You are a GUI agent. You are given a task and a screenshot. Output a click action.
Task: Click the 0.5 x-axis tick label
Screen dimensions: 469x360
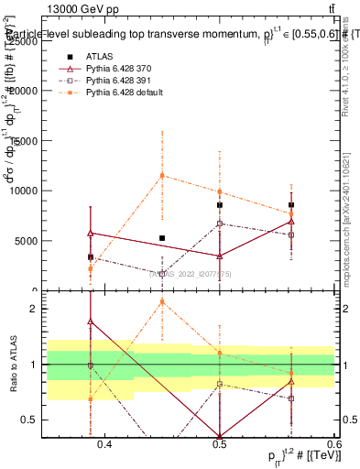[219, 444]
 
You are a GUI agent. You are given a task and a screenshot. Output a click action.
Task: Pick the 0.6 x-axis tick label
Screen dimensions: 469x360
[332, 444]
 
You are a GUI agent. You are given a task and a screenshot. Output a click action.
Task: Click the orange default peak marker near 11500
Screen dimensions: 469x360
[162, 175]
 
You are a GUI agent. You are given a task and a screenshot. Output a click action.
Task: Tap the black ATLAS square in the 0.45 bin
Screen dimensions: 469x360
[162, 238]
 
